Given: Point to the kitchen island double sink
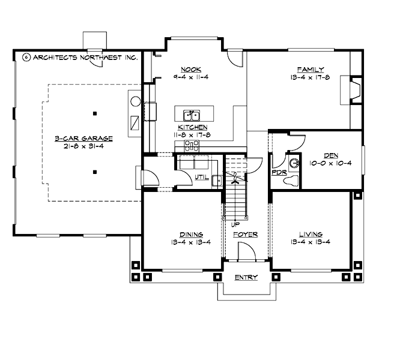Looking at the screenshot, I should [x=192, y=113].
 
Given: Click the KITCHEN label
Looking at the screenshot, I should [x=192, y=127].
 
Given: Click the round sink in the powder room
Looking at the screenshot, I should [x=294, y=162].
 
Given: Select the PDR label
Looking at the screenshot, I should [x=278, y=172].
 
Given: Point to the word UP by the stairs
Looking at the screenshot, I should [x=235, y=224].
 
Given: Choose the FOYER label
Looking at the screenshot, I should [x=245, y=234].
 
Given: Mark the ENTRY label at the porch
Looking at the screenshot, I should [x=246, y=277].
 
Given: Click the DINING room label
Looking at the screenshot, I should [x=190, y=234].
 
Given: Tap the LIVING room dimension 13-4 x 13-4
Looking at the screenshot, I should [x=311, y=242].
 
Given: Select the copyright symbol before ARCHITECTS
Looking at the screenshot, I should [x=26, y=58].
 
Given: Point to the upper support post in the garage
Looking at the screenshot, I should [x=95, y=113].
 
